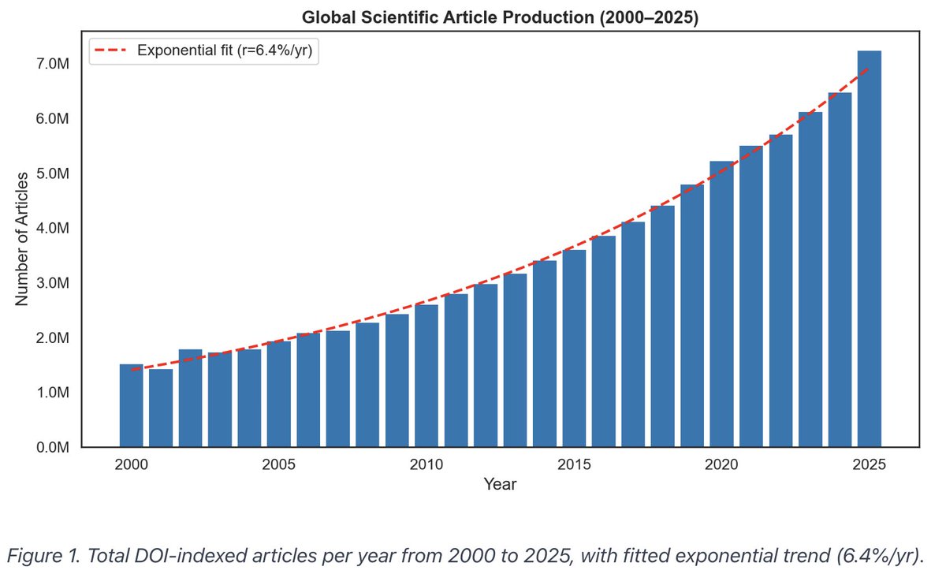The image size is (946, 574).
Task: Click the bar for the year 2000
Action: pos(131,406)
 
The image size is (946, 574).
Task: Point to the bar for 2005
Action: pos(278,394)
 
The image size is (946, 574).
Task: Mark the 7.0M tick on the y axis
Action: pos(53,64)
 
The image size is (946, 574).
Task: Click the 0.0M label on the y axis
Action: pos(53,448)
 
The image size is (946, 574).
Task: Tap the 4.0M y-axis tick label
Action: pos(53,229)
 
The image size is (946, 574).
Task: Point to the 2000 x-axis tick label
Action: pos(131,464)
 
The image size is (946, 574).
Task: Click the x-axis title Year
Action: pos(500,484)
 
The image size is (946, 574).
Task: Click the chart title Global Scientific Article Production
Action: pos(500,17)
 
